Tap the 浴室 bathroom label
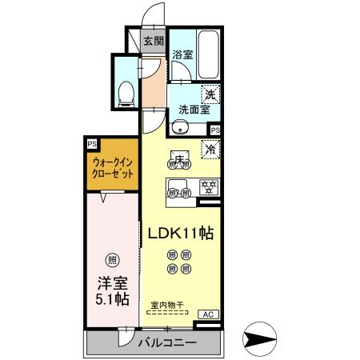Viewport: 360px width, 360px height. [x=182, y=55]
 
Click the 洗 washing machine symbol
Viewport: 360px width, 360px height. [x=210, y=94]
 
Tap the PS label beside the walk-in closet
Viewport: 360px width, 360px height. [x=93, y=145]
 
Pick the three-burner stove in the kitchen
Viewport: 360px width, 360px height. [x=209, y=190]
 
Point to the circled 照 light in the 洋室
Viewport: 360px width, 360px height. [x=112, y=259]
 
